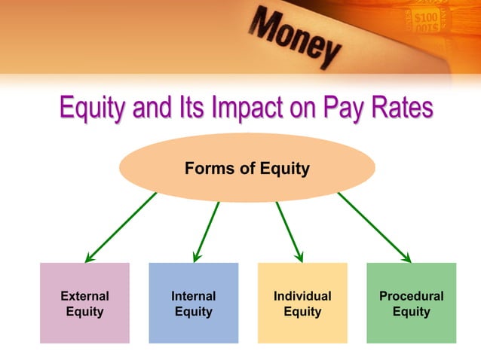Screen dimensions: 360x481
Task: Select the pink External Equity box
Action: tap(84, 303)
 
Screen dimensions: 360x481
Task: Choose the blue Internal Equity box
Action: tap(194, 303)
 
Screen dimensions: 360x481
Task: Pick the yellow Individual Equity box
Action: tap(302, 303)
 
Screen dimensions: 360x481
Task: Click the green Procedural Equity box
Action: tap(411, 303)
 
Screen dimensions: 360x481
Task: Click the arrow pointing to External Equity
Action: tap(121, 227)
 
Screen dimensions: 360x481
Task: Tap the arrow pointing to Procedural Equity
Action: tap(374, 227)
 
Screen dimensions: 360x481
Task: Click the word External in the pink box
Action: tap(84, 296)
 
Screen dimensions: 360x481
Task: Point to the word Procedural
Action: tap(411, 296)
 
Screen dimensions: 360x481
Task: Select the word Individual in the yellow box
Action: tap(302, 296)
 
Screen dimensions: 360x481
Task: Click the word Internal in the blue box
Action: tap(194, 296)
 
